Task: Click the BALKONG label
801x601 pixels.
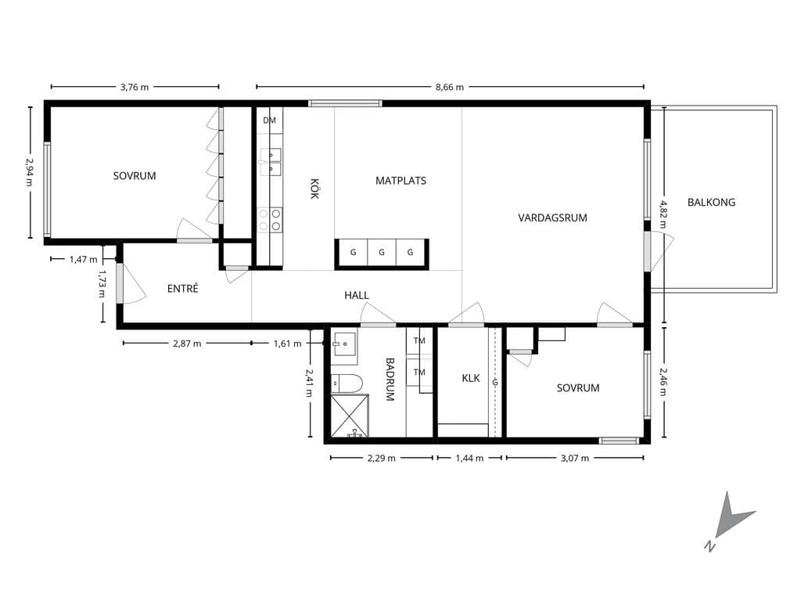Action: (x=711, y=203)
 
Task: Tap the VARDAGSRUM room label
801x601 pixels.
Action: (x=552, y=218)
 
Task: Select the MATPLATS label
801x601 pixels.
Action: (x=400, y=181)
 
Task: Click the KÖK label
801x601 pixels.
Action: (x=314, y=188)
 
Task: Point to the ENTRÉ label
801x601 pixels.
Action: (x=182, y=288)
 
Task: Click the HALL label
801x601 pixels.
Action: (x=357, y=295)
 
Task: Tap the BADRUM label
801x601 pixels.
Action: (x=390, y=380)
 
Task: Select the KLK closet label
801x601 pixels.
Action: (x=470, y=378)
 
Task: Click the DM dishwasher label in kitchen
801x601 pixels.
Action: (x=269, y=121)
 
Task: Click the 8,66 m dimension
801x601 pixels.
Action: (x=450, y=88)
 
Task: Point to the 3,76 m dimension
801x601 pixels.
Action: (x=135, y=88)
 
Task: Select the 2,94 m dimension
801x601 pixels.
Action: (x=29, y=171)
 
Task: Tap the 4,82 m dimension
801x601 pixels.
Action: (x=663, y=214)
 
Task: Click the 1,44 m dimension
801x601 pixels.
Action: (x=469, y=459)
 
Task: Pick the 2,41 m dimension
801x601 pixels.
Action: (x=308, y=383)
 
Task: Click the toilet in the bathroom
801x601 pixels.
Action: (x=347, y=383)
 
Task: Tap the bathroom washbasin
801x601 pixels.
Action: (x=344, y=344)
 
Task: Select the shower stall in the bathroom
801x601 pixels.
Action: (x=350, y=416)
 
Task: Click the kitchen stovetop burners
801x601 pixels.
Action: (x=270, y=219)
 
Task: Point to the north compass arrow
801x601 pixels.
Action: (x=732, y=517)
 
